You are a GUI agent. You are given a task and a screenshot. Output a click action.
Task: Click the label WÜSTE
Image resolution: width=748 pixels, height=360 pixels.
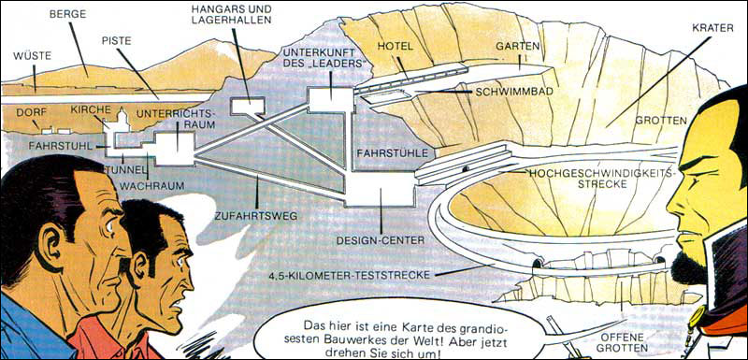coord(33,56)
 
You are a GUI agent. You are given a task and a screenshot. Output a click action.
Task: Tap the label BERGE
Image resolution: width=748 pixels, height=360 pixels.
coord(67,14)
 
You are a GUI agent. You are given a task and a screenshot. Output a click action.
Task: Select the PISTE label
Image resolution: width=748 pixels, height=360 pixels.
coord(116,40)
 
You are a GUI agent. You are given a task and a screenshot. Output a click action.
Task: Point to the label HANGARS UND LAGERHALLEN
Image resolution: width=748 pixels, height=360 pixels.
coord(231,14)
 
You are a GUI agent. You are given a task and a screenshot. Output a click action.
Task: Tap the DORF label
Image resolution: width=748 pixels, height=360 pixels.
coord(31,112)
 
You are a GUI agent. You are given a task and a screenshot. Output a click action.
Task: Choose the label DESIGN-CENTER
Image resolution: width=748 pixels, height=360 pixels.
coord(381,240)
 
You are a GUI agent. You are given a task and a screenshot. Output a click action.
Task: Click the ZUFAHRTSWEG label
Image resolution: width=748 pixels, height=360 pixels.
coord(255,217)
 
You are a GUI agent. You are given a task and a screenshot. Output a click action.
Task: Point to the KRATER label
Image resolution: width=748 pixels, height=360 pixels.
coord(712,29)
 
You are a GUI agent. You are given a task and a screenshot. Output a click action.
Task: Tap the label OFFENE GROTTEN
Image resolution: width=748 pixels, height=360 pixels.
coord(622,342)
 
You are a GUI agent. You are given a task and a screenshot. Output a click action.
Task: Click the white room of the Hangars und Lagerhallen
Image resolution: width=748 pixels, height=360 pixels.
coord(248,106)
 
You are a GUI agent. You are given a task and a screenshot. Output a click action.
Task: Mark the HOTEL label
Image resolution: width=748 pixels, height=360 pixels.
coord(395,47)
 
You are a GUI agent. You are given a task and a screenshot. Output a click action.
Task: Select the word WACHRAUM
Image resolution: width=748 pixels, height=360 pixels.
coord(151,185)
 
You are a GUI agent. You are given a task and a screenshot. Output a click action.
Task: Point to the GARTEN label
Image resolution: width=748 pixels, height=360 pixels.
coord(517,47)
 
